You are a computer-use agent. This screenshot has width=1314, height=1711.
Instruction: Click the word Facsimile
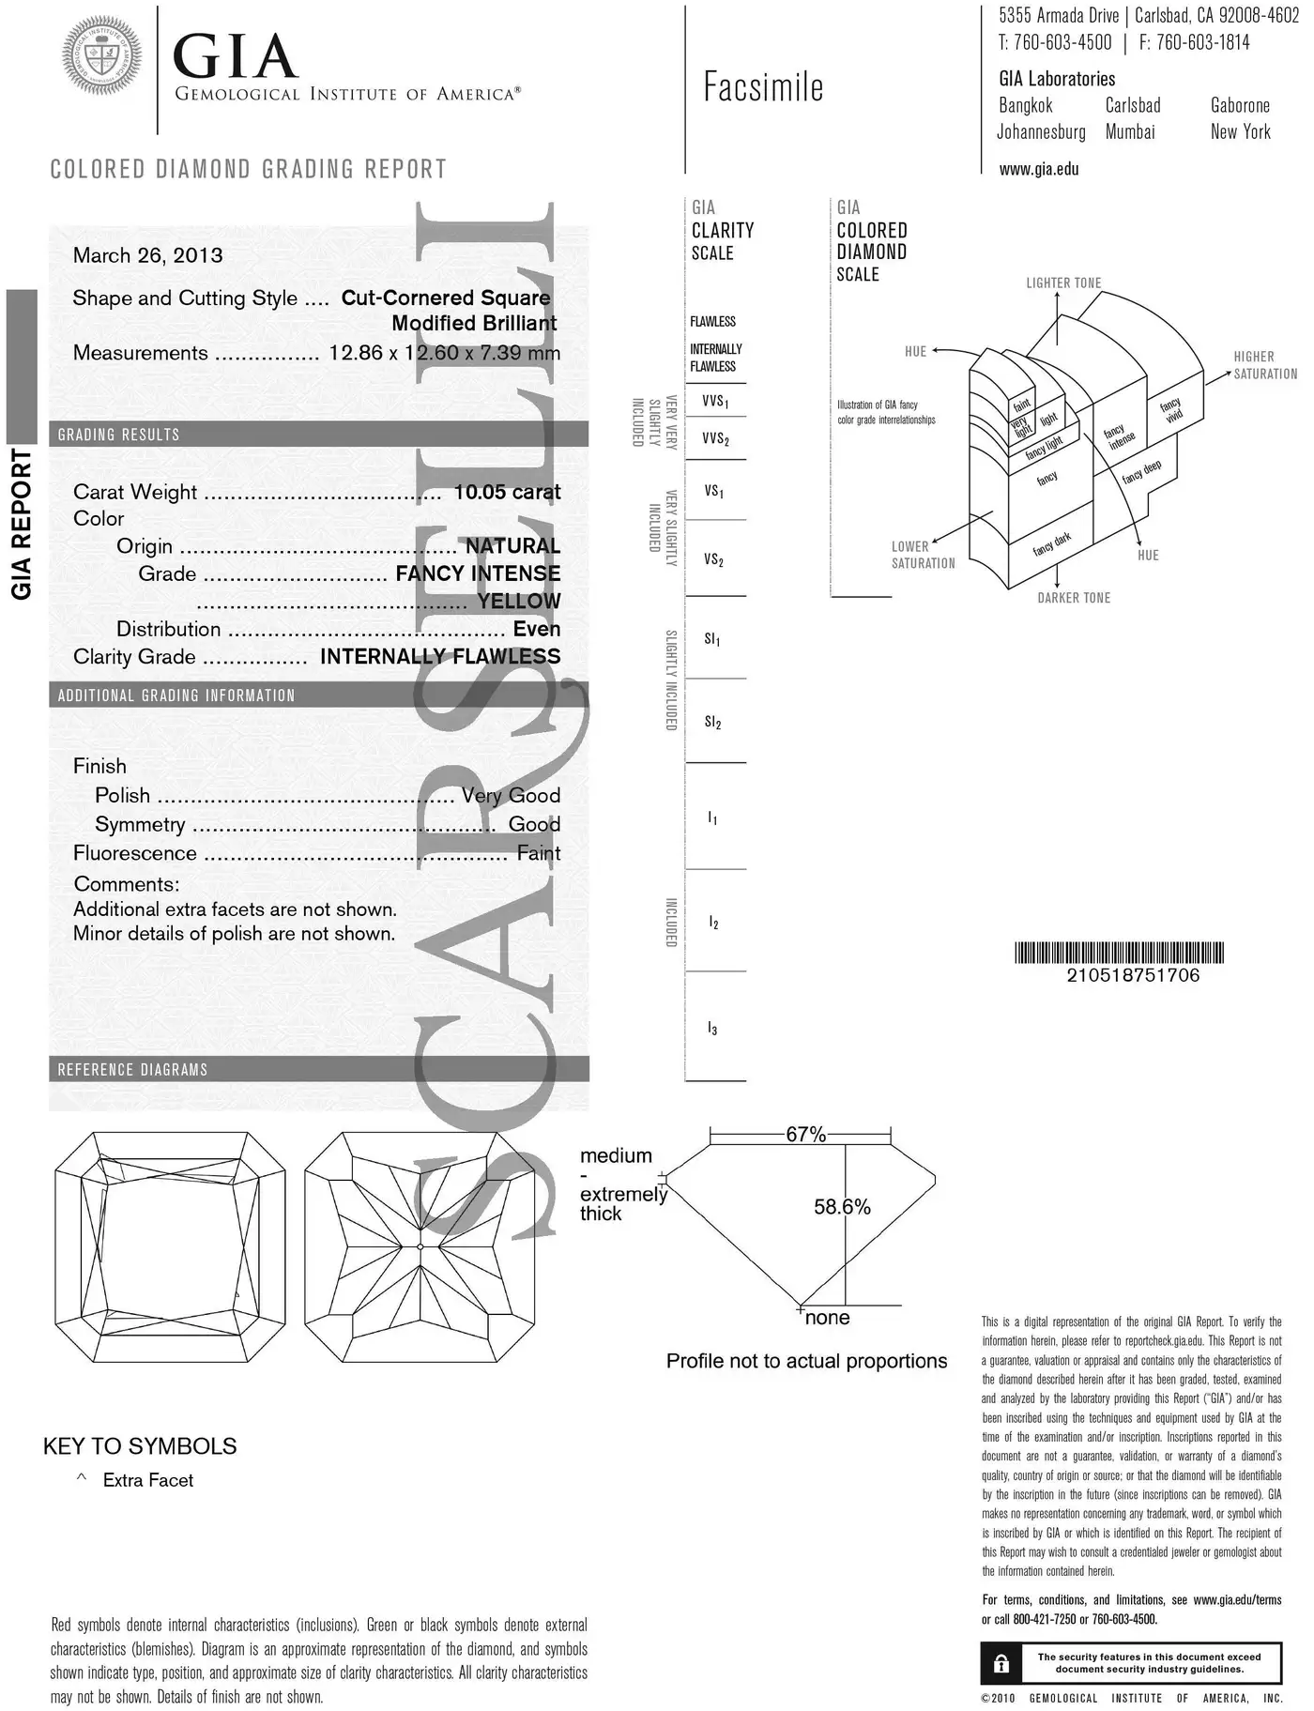763,87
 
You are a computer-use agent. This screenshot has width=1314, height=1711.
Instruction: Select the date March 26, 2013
147,255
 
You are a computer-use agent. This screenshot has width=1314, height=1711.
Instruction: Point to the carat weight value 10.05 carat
507,492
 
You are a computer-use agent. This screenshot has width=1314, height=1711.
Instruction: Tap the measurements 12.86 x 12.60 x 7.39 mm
444,353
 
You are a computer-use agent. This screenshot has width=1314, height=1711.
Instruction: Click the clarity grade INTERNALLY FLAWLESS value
440,656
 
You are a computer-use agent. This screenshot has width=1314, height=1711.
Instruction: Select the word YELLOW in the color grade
518,601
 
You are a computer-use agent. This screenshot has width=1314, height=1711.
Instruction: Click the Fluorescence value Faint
538,853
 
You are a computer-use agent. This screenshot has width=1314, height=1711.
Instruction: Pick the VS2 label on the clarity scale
713,560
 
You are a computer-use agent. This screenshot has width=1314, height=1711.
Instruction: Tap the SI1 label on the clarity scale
712,640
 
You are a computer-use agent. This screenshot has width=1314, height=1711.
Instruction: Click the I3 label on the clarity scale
712,1030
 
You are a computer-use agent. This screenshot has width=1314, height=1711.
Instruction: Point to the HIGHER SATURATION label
1264,365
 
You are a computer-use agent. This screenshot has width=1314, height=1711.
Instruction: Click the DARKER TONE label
1074,598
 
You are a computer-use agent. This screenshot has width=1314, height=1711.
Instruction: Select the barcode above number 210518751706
1119,954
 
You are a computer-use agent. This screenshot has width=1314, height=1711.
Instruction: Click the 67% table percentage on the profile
805,1135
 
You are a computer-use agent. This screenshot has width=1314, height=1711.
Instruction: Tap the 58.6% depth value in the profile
842,1207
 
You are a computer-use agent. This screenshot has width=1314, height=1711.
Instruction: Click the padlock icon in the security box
1001,1664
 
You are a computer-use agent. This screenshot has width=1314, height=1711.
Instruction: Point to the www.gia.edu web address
1039,170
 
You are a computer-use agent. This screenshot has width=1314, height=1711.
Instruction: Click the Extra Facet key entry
147,1480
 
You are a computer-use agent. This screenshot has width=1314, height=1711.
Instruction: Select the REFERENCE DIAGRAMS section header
132,1070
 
